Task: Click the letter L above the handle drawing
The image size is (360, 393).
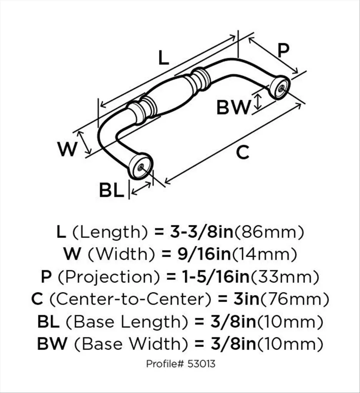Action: (164, 58)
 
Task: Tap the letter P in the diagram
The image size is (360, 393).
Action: (283, 51)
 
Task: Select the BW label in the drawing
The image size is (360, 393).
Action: (234, 107)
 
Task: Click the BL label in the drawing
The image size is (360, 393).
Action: (112, 190)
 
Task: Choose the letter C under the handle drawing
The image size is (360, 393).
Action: (243, 152)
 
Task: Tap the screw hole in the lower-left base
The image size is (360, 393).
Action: (141, 166)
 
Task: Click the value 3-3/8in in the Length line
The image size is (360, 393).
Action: (202, 232)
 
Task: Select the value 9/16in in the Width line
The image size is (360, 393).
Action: (204, 254)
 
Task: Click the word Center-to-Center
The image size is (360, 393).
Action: (131, 299)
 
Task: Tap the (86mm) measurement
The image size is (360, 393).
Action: (269, 232)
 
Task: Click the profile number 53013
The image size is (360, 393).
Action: (201, 363)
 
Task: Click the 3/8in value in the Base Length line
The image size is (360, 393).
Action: (233, 322)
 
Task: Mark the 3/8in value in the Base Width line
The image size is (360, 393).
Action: (233, 343)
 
